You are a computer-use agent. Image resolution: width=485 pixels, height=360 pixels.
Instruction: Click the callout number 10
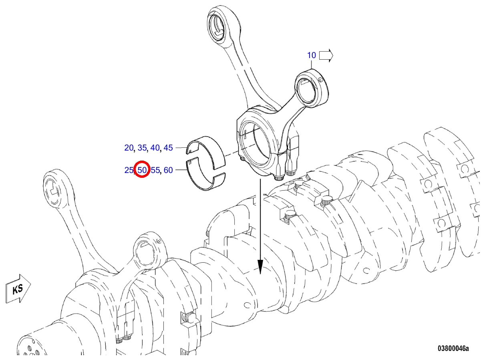311,55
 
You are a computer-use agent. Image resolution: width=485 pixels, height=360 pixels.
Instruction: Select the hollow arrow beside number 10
326,56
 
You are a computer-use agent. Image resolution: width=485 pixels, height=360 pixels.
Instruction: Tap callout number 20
129,148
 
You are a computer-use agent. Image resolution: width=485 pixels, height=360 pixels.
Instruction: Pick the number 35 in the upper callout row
142,148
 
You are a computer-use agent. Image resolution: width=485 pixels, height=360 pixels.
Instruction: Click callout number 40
155,148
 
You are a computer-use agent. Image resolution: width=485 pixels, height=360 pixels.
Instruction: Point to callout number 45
168,148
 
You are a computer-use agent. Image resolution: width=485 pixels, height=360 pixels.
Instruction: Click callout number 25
129,170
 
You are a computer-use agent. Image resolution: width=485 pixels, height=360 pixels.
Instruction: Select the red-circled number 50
142,170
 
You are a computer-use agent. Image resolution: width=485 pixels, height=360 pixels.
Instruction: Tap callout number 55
155,170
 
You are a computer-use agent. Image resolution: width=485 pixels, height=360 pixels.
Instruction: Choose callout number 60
168,170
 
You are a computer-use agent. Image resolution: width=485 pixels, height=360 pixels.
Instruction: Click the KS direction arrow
18,289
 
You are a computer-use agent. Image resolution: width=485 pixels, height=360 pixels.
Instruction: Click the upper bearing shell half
206,153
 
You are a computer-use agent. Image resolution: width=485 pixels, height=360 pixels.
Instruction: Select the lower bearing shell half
206,174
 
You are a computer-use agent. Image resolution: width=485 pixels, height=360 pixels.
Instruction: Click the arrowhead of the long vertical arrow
260,267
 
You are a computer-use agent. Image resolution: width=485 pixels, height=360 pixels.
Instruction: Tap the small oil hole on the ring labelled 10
320,80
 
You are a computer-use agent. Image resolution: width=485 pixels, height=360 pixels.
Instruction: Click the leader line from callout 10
311,65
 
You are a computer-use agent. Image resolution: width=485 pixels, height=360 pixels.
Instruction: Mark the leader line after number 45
181,148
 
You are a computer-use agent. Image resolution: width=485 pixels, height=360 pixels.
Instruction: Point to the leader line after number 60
181,170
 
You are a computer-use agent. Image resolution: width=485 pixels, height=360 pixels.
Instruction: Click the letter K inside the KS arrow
15,290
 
